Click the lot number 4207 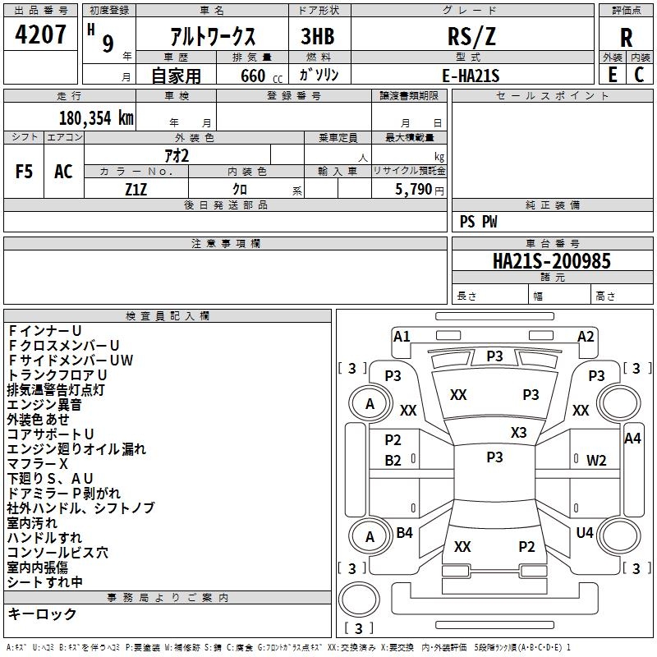tap(40, 35)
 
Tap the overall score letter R tap(626, 38)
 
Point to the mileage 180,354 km tap(95, 117)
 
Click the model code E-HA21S tap(471, 75)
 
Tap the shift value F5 tap(24, 171)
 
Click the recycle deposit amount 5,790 tap(414, 189)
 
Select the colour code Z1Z tap(136, 189)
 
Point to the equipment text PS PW tap(478, 221)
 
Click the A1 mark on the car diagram tap(402, 335)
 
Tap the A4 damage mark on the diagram tap(632, 438)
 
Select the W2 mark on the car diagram tap(596, 461)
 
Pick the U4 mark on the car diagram tap(584, 532)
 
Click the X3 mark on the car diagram tap(518, 432)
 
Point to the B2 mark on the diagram tap(393, 461)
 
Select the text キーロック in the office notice tap(42, 613)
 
